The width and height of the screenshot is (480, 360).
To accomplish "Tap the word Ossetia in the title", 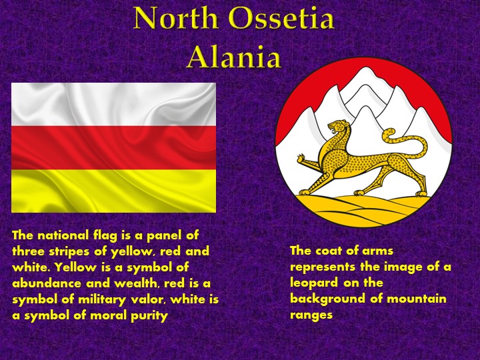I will (279, 19).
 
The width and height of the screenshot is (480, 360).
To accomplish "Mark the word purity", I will (148, 315).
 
